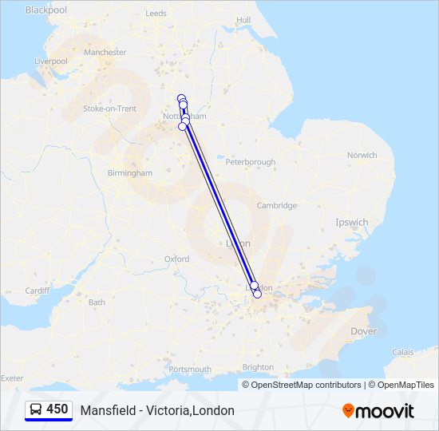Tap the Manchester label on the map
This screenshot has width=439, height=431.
[x=105, y=53]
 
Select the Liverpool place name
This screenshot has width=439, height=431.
[x=51, y=61]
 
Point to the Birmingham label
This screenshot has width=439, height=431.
[x=129, y=173]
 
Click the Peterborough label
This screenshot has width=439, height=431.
[x=251, y=162]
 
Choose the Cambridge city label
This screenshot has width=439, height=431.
[x=276, y=206]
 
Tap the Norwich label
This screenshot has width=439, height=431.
[x=362, y=156]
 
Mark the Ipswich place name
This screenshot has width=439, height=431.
[x=352, y=223]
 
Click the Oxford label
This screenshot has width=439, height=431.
[x=176, y=259]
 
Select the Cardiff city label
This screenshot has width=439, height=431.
[x=38, y=291]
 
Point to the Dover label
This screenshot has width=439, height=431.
[x=363, y=330]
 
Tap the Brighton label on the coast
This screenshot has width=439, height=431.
[x=257, y=367]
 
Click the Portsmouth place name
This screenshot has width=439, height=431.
[x=190, y=370]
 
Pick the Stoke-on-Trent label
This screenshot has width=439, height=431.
[x=110, y=109]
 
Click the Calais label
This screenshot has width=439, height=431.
[x=403, y=351]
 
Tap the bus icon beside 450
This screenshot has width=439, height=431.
[x=36, y=409]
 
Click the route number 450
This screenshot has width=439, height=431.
[x=57, y=409]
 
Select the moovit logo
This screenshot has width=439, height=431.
[x=378, y=410]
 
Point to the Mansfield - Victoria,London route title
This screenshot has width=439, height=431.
[x=157, y=410]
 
